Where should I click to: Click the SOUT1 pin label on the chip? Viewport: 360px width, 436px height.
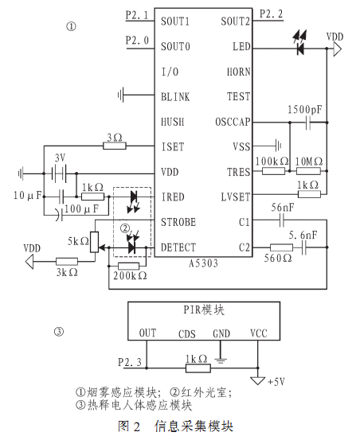(175, 21)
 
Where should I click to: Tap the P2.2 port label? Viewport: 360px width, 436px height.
(271, 14)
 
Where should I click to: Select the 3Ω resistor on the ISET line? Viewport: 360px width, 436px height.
(115, 146)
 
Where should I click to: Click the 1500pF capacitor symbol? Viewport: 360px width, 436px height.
(307, 123)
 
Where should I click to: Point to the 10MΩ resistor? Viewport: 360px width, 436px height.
(308, 171)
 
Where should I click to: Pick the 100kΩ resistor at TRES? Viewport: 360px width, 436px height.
(273, 171)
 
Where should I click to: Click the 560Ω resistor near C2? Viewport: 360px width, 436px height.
(281, 247)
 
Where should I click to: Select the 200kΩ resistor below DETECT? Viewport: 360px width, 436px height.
(129, 266)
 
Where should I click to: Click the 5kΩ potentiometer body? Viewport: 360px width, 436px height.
(95, 242)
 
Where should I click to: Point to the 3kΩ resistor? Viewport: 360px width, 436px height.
(67, 262)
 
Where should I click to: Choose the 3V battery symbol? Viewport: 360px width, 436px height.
(58, 173)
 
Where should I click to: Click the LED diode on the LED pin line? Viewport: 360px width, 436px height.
(300, 49)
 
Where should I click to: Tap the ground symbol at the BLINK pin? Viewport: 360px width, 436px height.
(121, 95)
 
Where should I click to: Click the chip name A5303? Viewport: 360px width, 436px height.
(203, 263)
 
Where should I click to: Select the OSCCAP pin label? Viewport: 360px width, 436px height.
(233, 122)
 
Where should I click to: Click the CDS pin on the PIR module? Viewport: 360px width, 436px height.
(187, 333)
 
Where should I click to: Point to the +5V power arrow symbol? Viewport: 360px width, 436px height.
(257, 380)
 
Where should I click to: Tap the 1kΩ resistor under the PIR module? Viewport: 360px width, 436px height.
(198, 368)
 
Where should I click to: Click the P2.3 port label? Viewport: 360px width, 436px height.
(130, 362)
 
